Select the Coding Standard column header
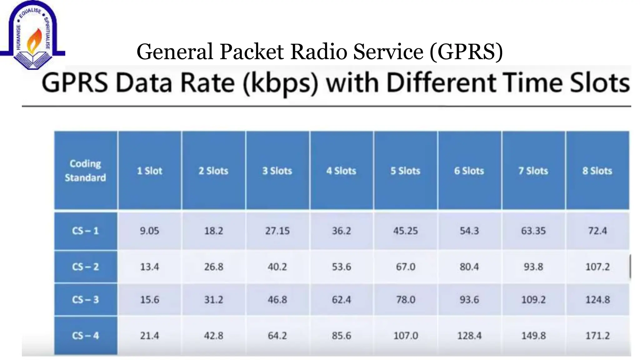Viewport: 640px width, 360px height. (x=85, y=171)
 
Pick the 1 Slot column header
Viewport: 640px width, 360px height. (x=150, y=171)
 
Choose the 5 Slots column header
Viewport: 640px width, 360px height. (x=405, y=171)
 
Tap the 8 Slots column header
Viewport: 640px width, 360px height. (x=597, y=171)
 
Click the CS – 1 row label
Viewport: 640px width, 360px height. (x=85, y=231)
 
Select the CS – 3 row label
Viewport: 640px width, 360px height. (x=85, y=300)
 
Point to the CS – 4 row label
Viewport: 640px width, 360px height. (x=85, y=336)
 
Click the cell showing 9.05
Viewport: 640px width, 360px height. (x=149, y=231)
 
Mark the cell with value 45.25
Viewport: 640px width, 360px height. (x=405, y=231)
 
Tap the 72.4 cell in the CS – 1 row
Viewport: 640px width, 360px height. (x=597, y=231)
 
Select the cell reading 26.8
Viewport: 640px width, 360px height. (x=214, y=267)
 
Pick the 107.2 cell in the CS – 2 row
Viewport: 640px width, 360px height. (x=597, y=267)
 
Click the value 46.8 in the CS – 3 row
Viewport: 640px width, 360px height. (x=277, y=300)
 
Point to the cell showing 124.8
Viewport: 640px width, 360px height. (x=597, y=300)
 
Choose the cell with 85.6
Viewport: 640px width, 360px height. (x=341, y=336)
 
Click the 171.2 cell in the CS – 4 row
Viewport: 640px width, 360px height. (x=597, y=336)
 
